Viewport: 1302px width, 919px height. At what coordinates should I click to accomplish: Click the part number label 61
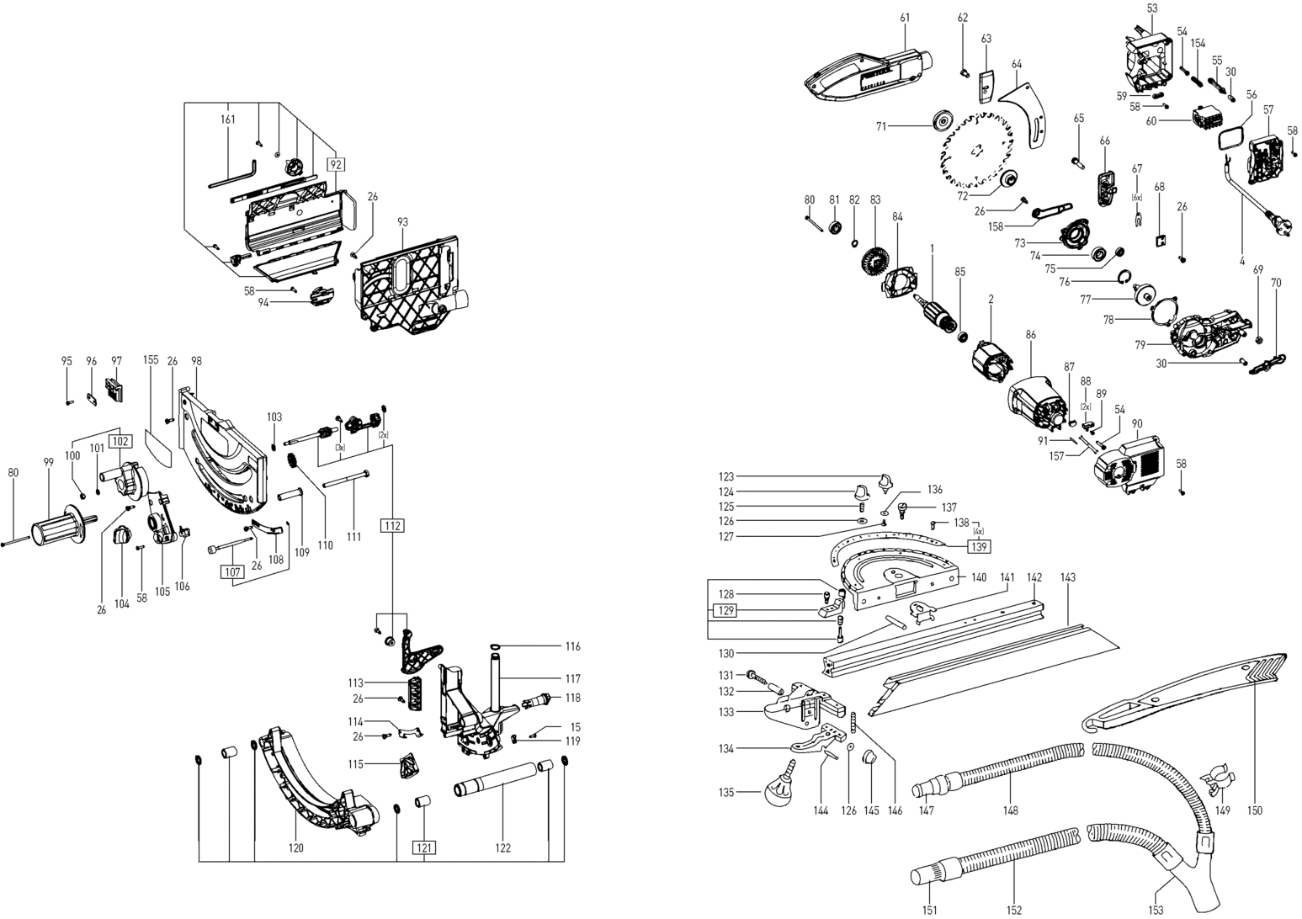[905, 18]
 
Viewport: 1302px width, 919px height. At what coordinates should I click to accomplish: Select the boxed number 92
[336, 166]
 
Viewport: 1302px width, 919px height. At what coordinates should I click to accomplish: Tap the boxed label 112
[393, 526]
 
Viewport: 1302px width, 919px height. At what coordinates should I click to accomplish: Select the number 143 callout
[1068, 578]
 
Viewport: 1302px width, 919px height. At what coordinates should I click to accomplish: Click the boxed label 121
[423, 847]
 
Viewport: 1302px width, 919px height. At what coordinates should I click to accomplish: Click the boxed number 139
[978, 546]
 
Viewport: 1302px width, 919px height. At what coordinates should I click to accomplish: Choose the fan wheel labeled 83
[869, 252]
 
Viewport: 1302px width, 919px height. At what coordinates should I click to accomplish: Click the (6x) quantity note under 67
[1136, 197]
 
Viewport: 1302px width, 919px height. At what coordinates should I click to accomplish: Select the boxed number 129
[725, 610]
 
